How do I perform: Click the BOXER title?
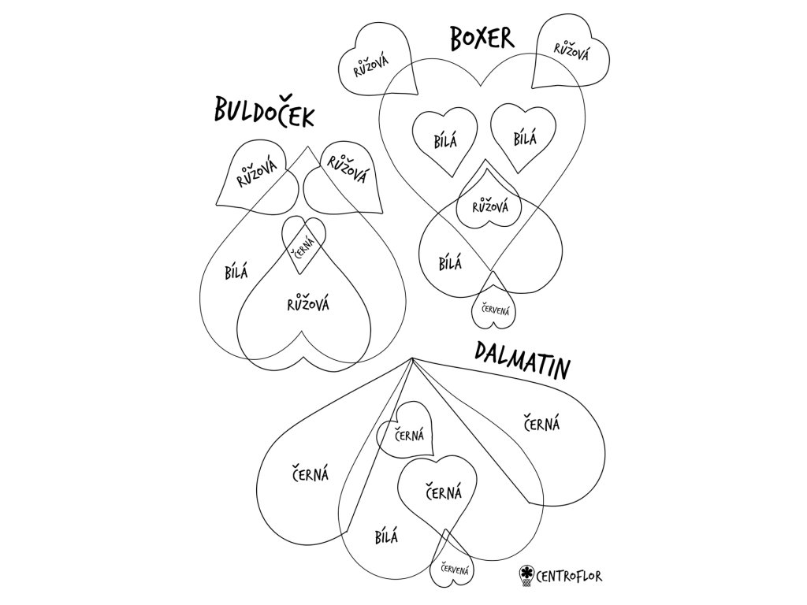[x=482, y=38]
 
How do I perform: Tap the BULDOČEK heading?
[x=264, y=113]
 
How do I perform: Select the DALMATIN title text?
[x=523, y=361]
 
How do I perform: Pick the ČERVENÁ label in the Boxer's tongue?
[x=491, y=309]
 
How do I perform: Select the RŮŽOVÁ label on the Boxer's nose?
[x=489, y=207]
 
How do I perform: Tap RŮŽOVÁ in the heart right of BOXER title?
[x=571, y=50]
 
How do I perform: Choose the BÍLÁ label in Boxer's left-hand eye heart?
[x=444, y=141]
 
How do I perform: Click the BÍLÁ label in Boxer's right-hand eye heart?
[x=524, y=139]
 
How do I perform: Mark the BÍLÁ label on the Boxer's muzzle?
[x=449, y=261]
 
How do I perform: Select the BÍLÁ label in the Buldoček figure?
[x=236, y=273]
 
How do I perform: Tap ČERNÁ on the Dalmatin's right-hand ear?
[x=542, y=424]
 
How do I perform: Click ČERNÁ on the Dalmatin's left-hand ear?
[x=311, y=474]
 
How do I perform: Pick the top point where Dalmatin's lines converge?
[x=412, y=360]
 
